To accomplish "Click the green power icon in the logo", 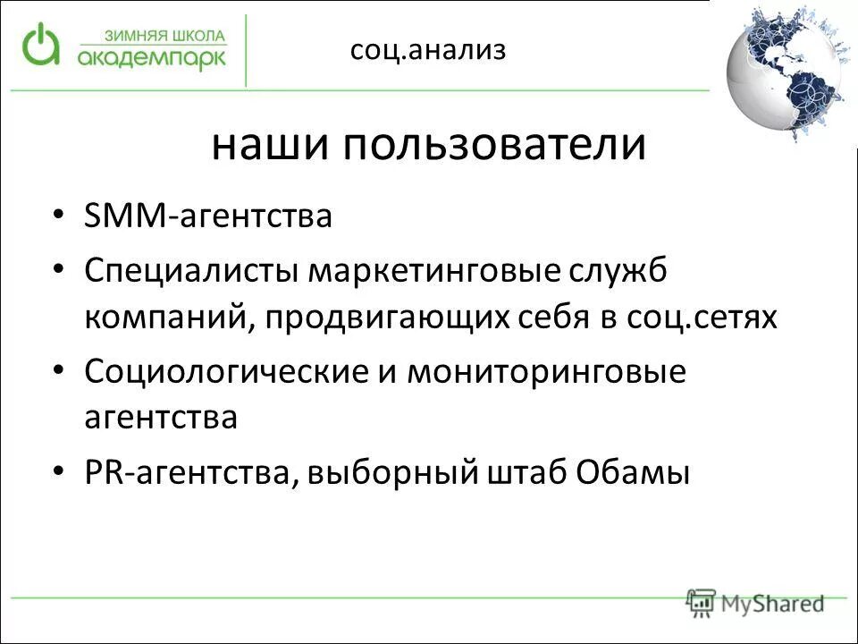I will pos(41,45).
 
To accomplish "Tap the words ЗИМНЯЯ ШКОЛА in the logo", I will pos(165,37).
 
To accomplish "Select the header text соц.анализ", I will pos(428,50).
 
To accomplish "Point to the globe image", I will pos(789,73).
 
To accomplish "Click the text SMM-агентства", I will pos(208,216).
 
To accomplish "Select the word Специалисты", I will pos(193,270).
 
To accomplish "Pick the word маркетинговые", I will pos(435,270).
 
